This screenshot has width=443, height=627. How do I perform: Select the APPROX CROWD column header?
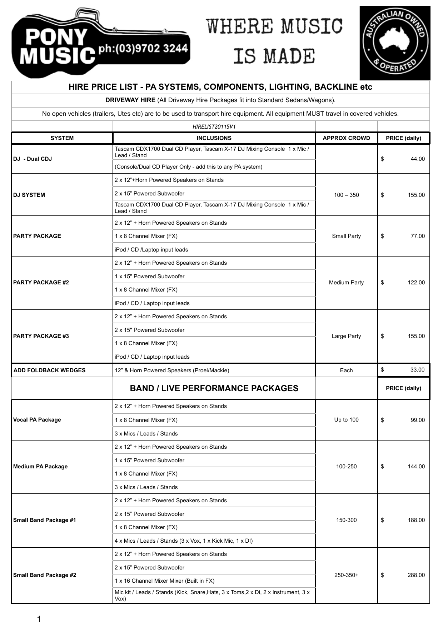click(346, 138)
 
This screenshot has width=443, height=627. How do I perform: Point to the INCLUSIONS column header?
click(214, 138)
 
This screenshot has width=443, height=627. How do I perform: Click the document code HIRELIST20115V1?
click(214, 126)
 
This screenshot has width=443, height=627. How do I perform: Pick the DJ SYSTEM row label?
click(29, 195)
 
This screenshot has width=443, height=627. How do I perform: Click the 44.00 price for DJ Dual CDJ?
click(417, 159)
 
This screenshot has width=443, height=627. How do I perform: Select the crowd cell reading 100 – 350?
click(346, 195)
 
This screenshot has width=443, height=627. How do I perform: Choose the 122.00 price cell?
click(416, 283)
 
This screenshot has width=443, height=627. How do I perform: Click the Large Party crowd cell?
click(346, 336)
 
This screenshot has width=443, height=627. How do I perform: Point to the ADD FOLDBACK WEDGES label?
click(49, 370)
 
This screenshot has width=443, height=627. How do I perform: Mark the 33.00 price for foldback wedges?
click(417, 370)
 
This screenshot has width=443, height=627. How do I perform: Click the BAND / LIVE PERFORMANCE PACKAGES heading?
click(214, 388)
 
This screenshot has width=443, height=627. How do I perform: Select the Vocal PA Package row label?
click(37, 420)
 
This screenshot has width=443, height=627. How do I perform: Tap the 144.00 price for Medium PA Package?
click(416, 467)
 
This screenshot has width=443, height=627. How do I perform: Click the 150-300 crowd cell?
click(346, 520)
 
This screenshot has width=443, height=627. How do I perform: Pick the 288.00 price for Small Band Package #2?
click(416, 575)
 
